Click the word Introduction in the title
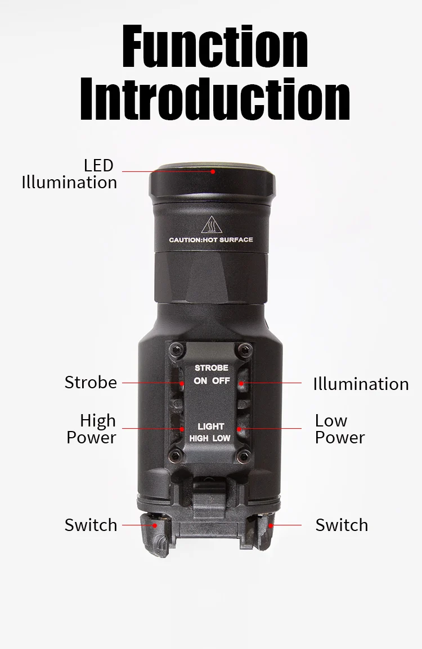(x=215, y=99)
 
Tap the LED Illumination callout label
(x=69, y=174)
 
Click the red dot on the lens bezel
(x=213, y=171)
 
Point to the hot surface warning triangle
(x=212, y=225)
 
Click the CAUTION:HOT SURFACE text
(x=211, y=239)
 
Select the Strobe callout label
(x=91, y=383)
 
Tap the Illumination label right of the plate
(x=361, y=384)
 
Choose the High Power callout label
(x=92, y=429)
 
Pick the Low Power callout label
(x=340, y=429)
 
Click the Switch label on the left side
(x=91, y=525)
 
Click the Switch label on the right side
(x=342, y=525)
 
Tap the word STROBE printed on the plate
(x=212, y=367)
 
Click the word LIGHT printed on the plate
(x=211, y=426)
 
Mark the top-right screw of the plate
(x=244, y=349)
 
